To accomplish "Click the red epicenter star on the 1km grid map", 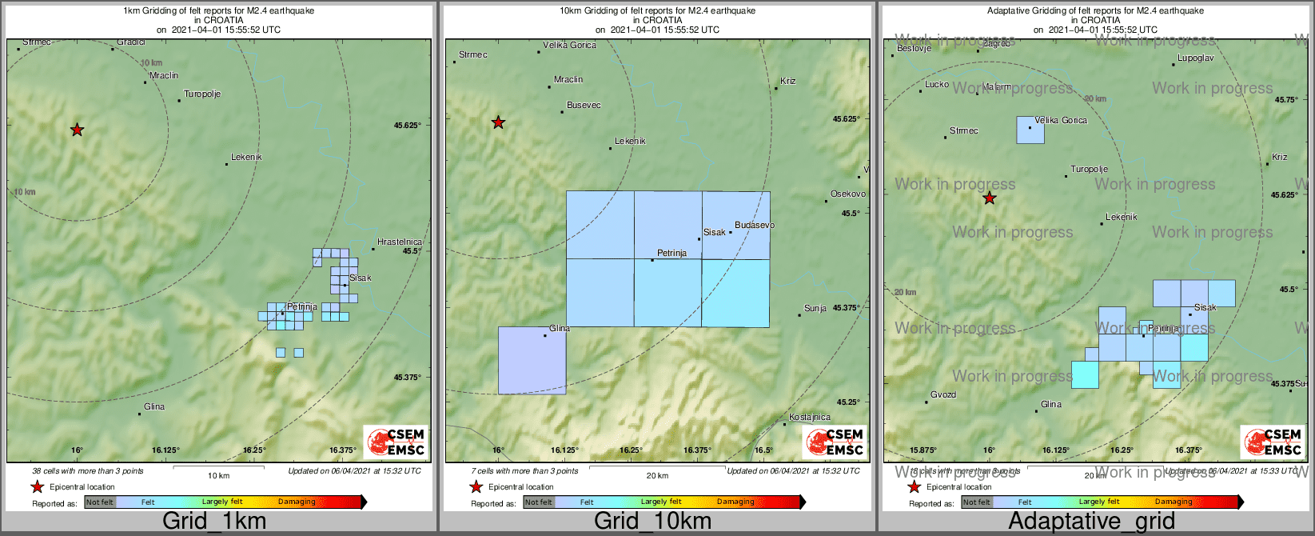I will [77, 130].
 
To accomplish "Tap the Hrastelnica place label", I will [400, 242].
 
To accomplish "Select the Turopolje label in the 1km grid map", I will [202, 94].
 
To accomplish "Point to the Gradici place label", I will [131, 42].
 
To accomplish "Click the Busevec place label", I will [584, 106].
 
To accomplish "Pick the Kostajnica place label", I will [810, 418].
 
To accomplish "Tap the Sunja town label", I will [815, 308].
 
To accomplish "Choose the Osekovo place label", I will [848, 194].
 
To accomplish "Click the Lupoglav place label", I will [1196, 58].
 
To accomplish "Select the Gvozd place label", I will [943, 395].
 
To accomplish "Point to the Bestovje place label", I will [915, 49].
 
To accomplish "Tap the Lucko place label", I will [937, 85].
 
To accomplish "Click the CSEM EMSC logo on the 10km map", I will [834, 442].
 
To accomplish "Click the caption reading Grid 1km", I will [214, 522].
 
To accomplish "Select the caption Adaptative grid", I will [1091, 522].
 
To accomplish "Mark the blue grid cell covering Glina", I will [532, 360].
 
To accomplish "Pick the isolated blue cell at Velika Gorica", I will [1030, 130].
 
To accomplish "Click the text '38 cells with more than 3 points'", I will [88, 471].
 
